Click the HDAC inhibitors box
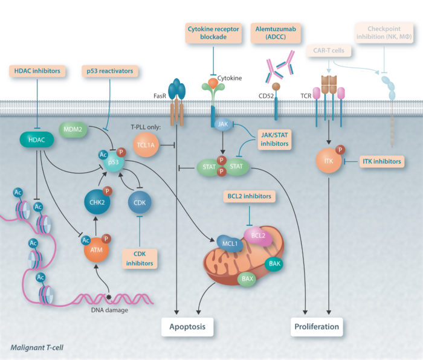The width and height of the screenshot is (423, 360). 37,71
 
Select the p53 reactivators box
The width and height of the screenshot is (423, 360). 110,71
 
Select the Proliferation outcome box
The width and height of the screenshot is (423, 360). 317,327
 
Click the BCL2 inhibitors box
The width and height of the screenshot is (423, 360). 249,196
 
